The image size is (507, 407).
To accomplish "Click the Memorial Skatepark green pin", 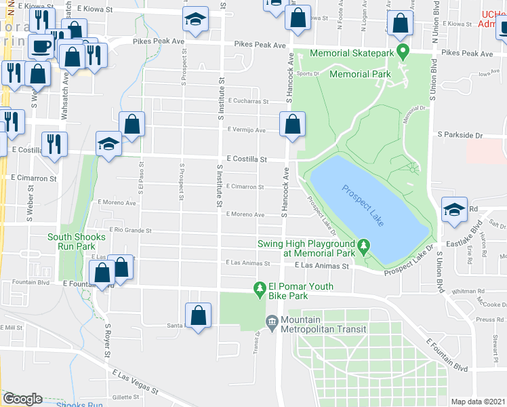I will point(402,51).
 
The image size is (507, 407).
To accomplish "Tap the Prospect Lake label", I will point(363,205).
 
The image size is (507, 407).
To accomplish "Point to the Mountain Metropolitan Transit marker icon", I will point(272,320).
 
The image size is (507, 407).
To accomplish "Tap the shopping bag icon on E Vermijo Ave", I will point(292,125).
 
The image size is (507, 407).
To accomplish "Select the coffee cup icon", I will point(42,47).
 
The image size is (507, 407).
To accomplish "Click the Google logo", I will point(22,399).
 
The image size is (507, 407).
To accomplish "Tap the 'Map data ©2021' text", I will point(476,402).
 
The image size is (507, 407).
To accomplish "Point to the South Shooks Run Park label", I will point(76,241).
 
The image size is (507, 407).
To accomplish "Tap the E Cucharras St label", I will point(248,100).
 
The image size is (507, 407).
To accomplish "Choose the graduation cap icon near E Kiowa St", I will point(195,19).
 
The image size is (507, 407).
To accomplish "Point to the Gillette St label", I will point(126,397).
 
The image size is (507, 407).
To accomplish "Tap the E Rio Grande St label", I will point(127,230).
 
